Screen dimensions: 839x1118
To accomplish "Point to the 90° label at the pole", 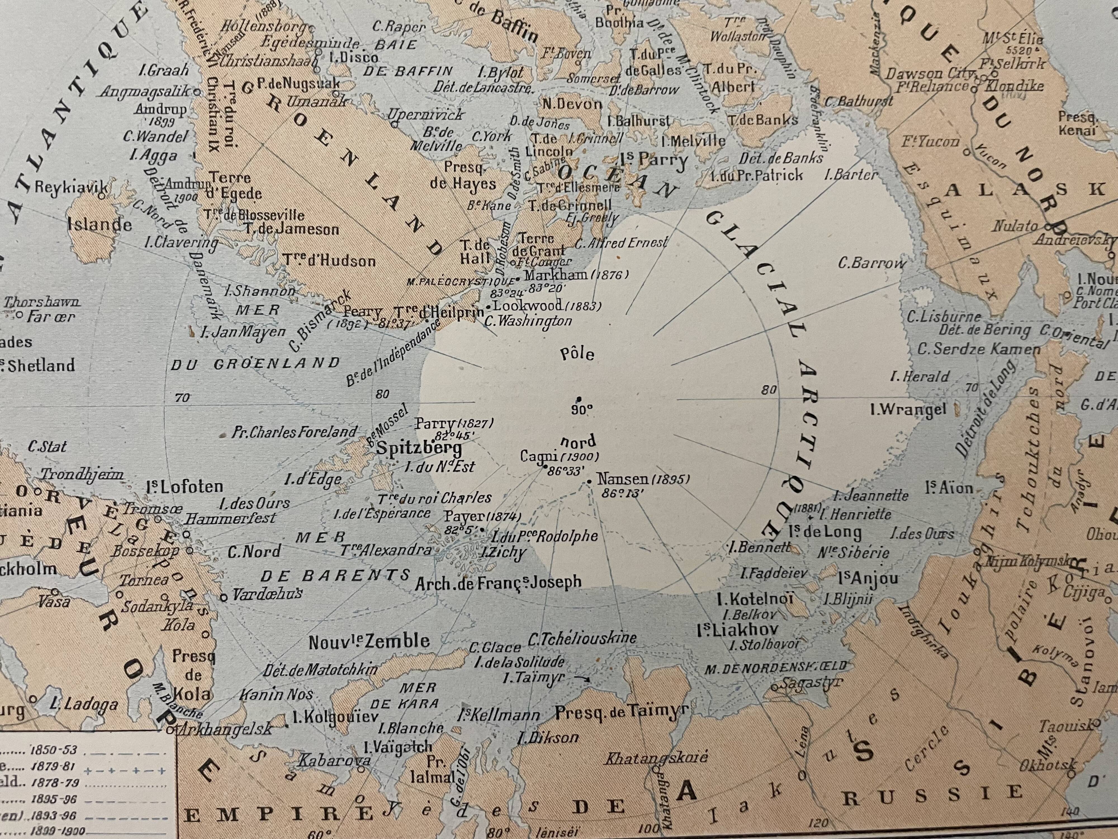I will point(581,410).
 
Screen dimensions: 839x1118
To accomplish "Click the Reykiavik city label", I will point(71,187).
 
